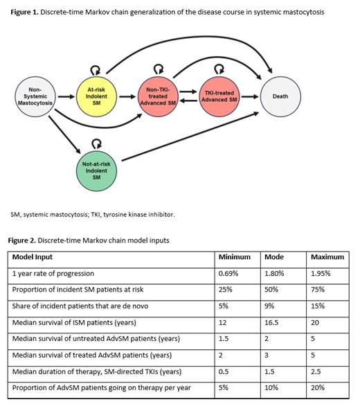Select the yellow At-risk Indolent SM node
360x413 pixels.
96,96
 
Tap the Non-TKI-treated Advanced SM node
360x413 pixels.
159,96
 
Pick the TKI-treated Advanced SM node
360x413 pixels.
219,96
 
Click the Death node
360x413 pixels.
280,96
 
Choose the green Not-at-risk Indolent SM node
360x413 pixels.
96,169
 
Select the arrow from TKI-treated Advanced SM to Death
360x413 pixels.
250,96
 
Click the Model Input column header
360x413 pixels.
35,257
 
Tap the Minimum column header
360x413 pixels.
234,257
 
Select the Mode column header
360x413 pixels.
274,257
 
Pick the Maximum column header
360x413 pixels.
327,257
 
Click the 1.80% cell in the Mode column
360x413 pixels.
274,273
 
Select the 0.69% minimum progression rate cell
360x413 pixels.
229,273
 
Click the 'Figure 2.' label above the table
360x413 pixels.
24,240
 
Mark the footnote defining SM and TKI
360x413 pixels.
93,214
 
